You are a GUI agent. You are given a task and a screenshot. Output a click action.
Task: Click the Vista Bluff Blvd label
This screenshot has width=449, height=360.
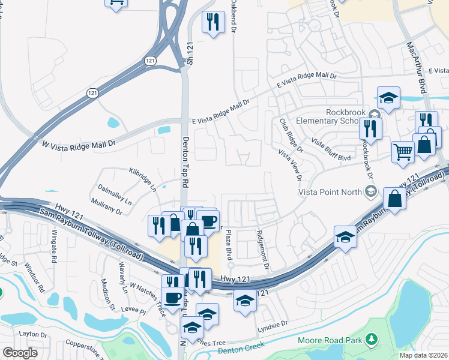[331, 149]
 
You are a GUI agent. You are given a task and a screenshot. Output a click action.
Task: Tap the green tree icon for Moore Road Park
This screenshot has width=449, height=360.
[372, 340]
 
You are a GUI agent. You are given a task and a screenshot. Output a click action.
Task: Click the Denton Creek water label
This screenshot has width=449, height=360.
[241, 350]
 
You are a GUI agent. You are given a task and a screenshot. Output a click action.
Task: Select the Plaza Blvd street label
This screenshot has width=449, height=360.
[229, 247]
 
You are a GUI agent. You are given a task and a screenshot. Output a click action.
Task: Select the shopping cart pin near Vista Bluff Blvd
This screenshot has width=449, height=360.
[403, 151]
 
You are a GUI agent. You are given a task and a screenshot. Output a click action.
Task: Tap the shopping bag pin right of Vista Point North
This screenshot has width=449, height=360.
[395, 199]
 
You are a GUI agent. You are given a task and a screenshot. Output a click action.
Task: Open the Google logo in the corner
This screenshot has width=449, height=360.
[20, 353]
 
